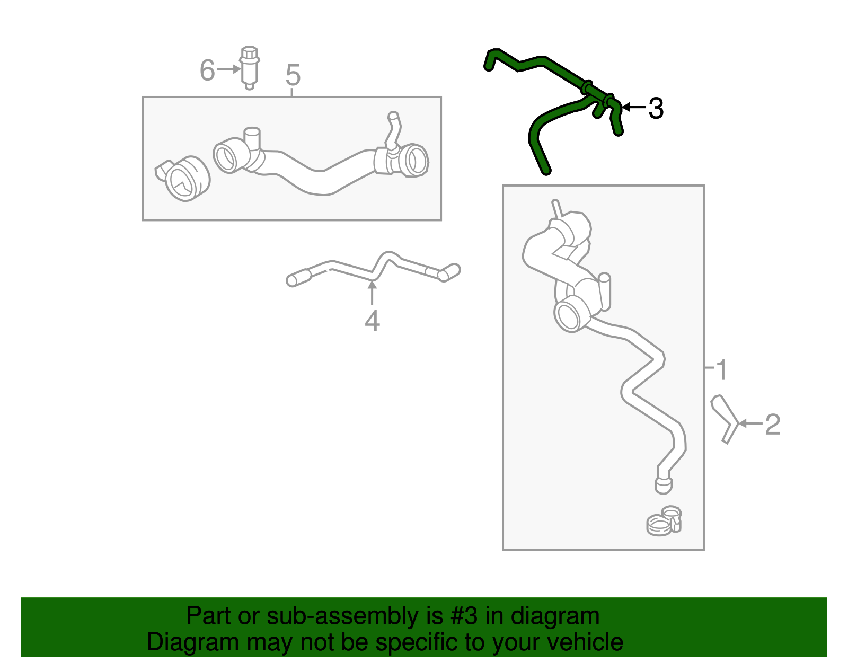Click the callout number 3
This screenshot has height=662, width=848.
(656, 109)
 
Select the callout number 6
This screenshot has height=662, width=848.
(207, 70)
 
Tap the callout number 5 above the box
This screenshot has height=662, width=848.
(293, 75)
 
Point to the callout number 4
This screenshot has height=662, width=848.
(372, 321)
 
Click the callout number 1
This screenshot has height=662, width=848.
(721, 369)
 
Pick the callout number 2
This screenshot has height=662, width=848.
(773, 425)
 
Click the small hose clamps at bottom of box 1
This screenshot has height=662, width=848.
(664, 520)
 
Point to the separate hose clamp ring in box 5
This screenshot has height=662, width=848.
(183, 178)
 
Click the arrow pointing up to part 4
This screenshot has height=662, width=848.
(373, 292)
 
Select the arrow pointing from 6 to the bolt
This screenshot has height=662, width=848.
(229, 69)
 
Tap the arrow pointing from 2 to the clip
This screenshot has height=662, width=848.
(749, 423)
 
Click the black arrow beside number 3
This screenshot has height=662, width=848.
(634, 107)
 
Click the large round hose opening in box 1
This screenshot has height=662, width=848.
(570, 314)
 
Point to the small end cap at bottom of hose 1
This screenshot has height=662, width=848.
(663, 484)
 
